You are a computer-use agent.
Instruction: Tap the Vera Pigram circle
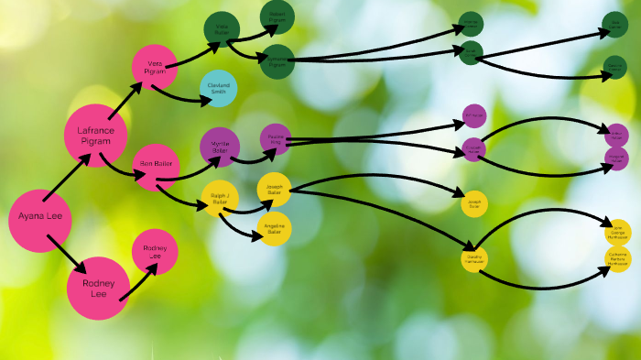pyautogui.click(x=154, y=67)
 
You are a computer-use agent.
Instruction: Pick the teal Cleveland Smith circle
pyautogui.click(x=218, y=88)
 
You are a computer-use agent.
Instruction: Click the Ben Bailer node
pyautogui.click(x=156, y=165)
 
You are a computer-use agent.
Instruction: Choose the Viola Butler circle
pyautogui.click(x=222, y=29)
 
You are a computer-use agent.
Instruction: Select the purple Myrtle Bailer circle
pyautogui.click(x=220, y=147)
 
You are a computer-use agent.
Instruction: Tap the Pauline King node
pyautogui.click(x=275, y=139)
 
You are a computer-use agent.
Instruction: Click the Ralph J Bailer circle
pyautogui.click(x=220, y=198)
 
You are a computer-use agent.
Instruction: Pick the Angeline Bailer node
pyautogui.click(x=274, y=229)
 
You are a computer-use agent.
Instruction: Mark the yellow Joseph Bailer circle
pyautogui.click(x=274, y=189)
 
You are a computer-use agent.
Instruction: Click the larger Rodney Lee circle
pyautogui.click(x=99, y=288)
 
